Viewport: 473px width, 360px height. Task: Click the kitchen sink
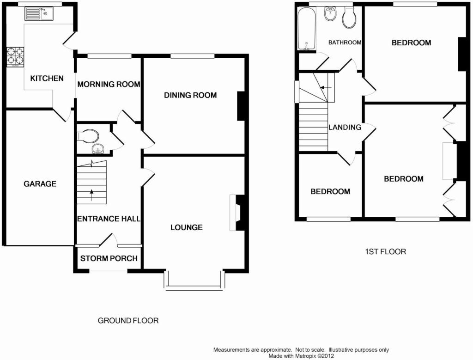click(39, 13)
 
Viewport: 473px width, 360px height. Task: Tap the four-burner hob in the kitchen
click(15, 57)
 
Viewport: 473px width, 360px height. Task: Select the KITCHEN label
click(47, 79)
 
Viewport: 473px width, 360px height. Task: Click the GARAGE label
click(40, 184)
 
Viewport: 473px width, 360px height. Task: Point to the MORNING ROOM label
click(109, 84)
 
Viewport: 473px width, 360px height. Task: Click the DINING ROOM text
click(190, 95)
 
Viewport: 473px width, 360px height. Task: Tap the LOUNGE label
click(187, 227)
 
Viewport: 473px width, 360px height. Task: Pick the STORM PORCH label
click(109, 258)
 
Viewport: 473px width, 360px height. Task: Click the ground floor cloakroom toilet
click(88, 136)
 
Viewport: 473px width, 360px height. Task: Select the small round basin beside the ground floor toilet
click(98, 148)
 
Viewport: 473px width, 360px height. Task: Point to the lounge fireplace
click(237, 213)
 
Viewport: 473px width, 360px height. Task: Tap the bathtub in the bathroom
click(307, 29)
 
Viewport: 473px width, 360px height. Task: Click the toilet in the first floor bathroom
click(349, 17)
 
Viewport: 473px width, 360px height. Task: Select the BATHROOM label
click(345, 43)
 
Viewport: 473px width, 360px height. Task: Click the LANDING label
click(345, 128)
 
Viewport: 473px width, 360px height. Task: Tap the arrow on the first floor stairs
click(326, 87)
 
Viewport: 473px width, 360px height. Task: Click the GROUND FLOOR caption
click(128, 320)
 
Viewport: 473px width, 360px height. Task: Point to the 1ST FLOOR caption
click(386, 252)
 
